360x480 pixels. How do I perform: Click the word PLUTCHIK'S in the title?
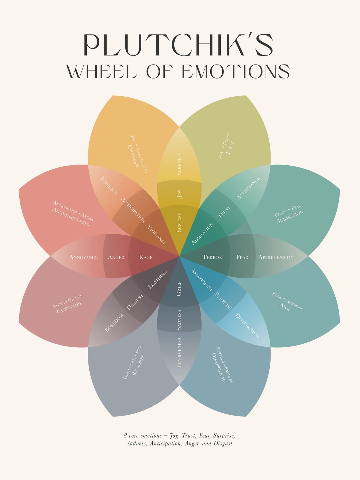pos(178,45)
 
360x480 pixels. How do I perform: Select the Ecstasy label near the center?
pos(179,222)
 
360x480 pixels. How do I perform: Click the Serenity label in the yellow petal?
pos(179,164)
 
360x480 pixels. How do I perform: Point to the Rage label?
pos(146,257)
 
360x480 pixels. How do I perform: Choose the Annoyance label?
pos(83,257)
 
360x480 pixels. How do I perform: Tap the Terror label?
pos(212,257)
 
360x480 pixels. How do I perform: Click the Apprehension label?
pos(276,257)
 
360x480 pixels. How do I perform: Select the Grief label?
pos(179,289)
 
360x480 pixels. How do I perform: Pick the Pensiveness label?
pos(179,353)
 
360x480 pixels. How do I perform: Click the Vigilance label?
pos(157,235)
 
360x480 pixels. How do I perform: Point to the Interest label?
pos(109,185)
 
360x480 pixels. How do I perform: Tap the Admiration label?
pos(202,234)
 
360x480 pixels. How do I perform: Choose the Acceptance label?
pos(248,188)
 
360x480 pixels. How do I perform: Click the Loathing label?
pos(157,280)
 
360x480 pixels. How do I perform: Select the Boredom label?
pos(114,323)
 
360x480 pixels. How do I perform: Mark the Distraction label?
pos(247,325)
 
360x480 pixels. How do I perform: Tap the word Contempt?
pos(69,307)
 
